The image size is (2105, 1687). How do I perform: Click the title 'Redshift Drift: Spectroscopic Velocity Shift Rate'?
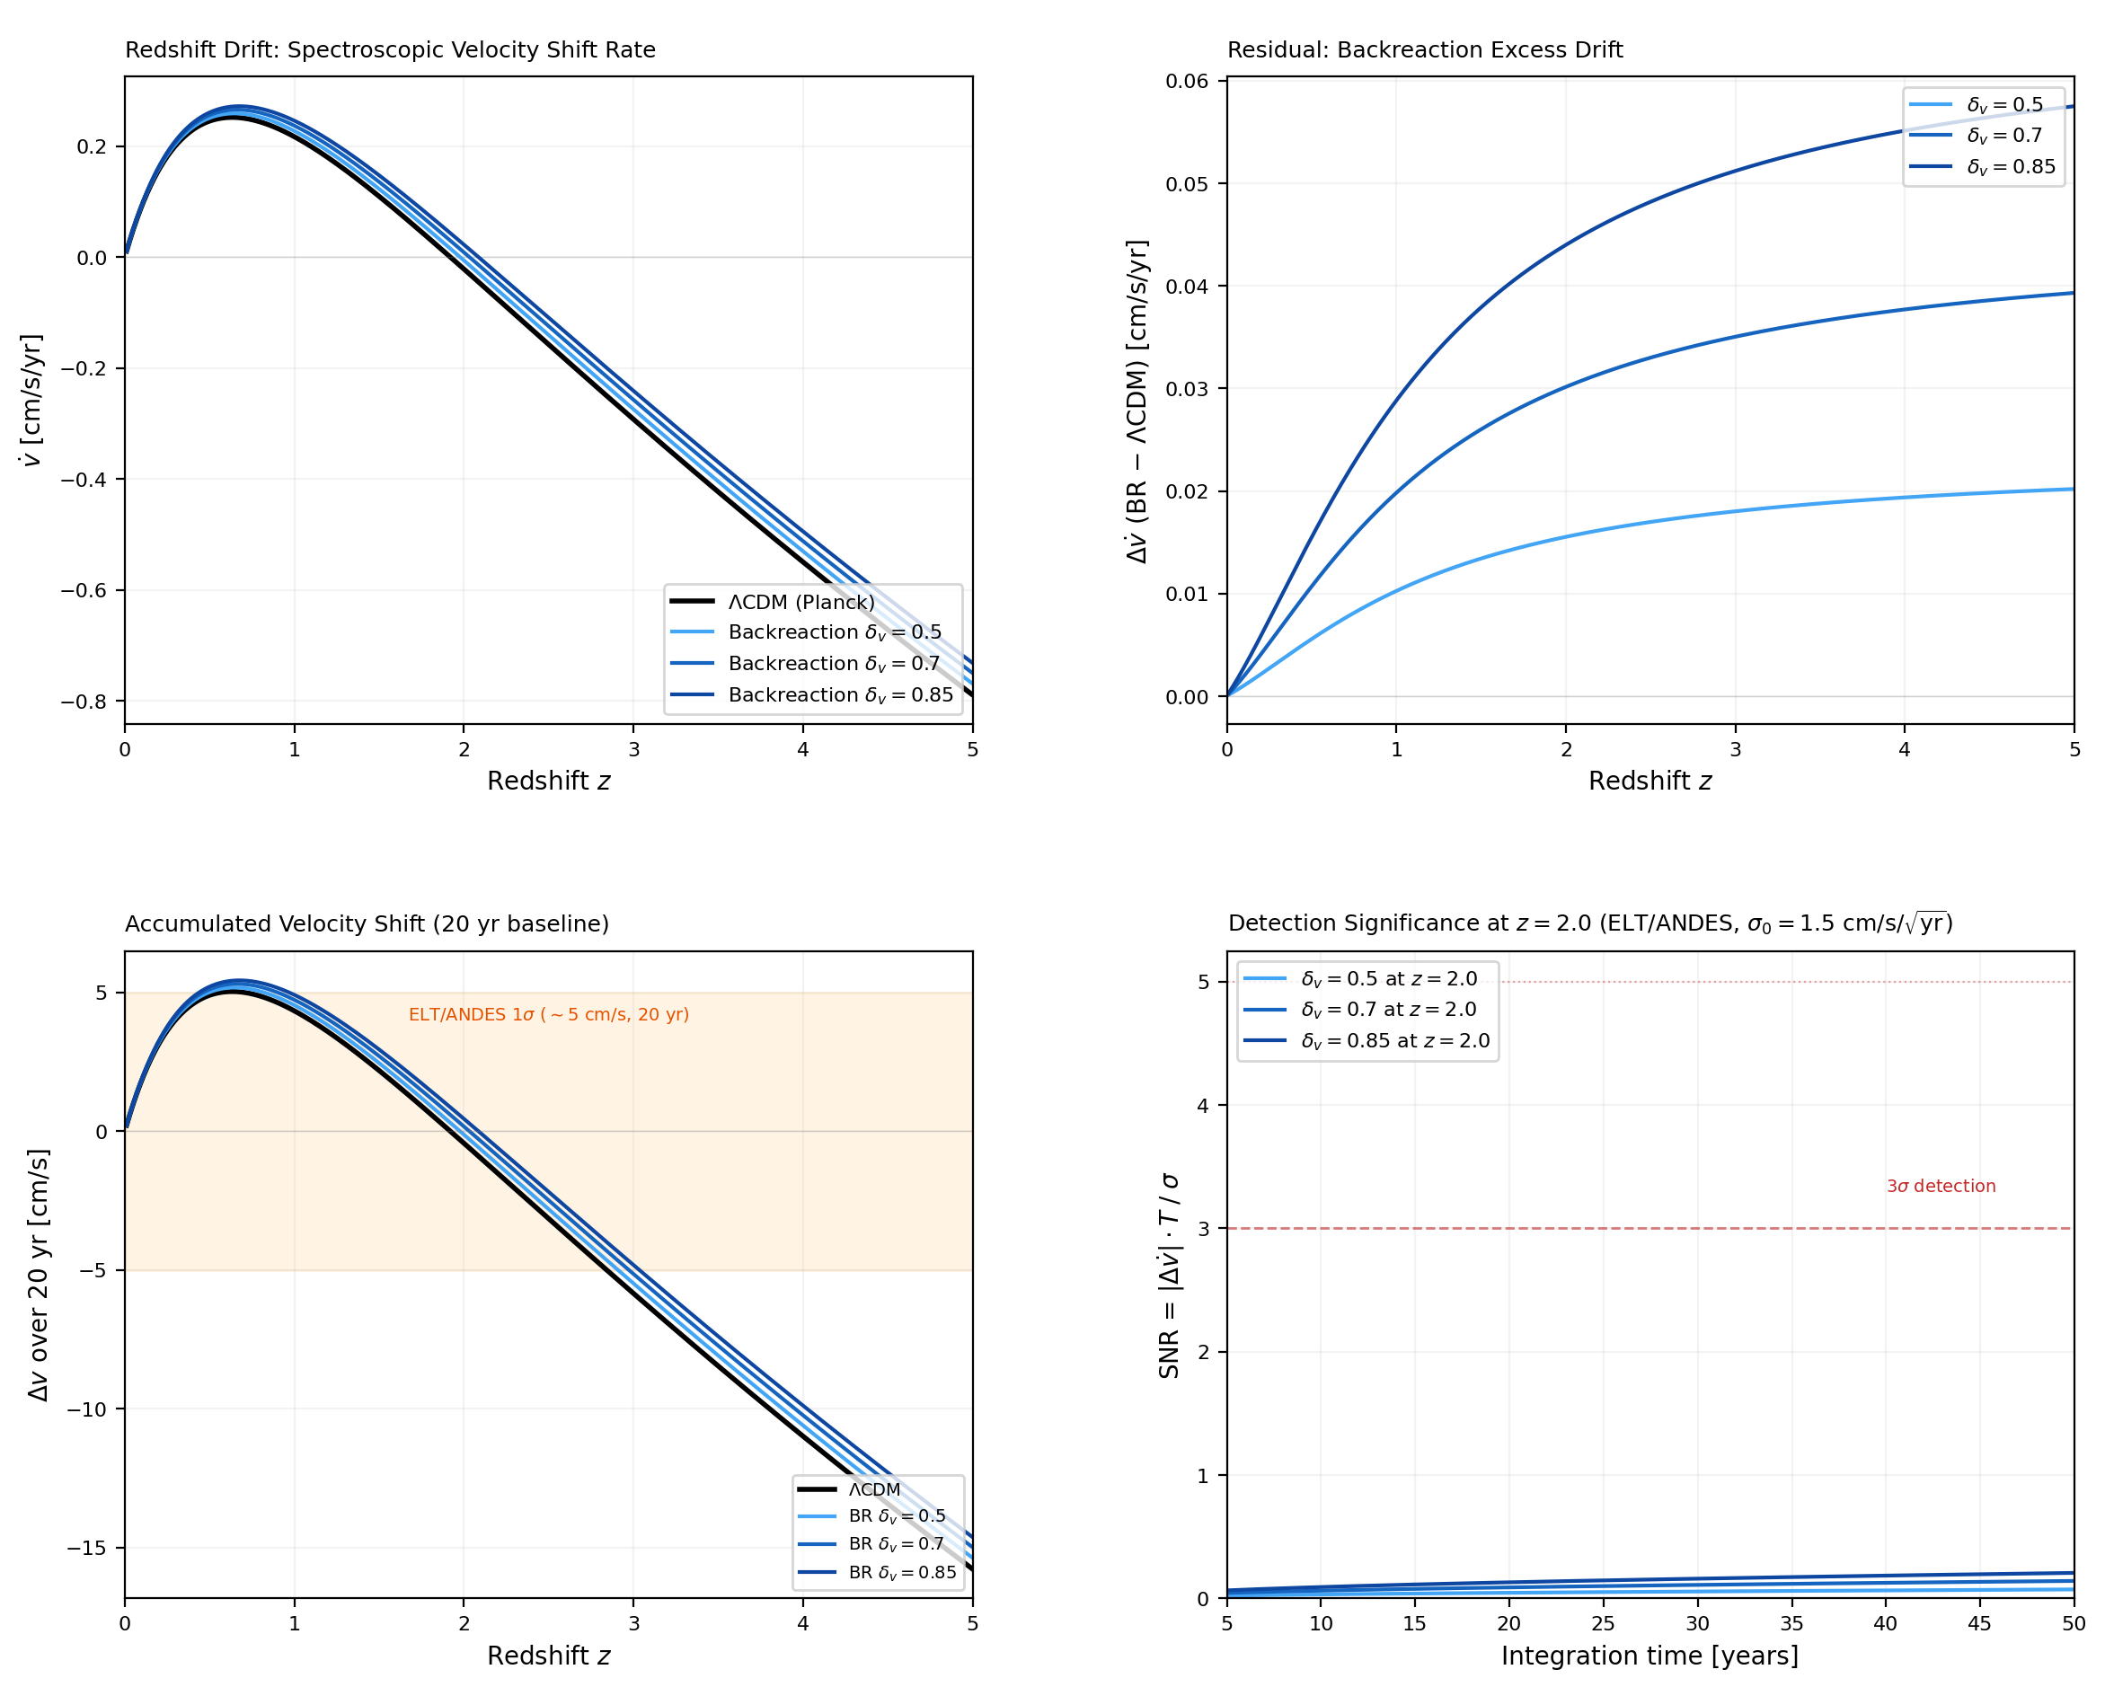click(390, 49)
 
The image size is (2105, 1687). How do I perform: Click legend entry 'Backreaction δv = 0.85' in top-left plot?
click(840, 695)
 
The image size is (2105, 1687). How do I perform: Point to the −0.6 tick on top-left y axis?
click(83, 591)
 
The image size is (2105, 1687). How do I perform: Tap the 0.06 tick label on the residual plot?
click(1186, 81)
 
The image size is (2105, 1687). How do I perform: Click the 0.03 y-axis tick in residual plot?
click(1186, 390)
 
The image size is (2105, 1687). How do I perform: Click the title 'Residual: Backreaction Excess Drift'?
click(1425, 49)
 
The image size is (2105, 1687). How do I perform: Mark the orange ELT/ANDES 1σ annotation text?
click(549, 1015)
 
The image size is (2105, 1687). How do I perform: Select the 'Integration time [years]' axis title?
click(1649, 1656)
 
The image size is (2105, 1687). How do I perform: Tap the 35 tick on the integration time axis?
click(1791, 1623)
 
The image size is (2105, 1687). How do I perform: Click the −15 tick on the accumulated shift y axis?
click(87, 1549)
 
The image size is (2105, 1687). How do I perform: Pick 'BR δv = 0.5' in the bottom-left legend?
click(897, 1517)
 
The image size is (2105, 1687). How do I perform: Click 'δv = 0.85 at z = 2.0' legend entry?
click(1395, 1042)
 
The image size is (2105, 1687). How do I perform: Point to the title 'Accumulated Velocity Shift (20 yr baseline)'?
click(367, 923)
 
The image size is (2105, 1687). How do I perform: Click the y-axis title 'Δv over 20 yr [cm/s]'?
click(38, 1275)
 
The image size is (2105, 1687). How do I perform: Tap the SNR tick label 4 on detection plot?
click(1203, 1106)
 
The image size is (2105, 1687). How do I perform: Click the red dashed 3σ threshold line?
click(1562, 1229)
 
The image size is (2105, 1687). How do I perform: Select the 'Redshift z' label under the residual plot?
click(1649, 781)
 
